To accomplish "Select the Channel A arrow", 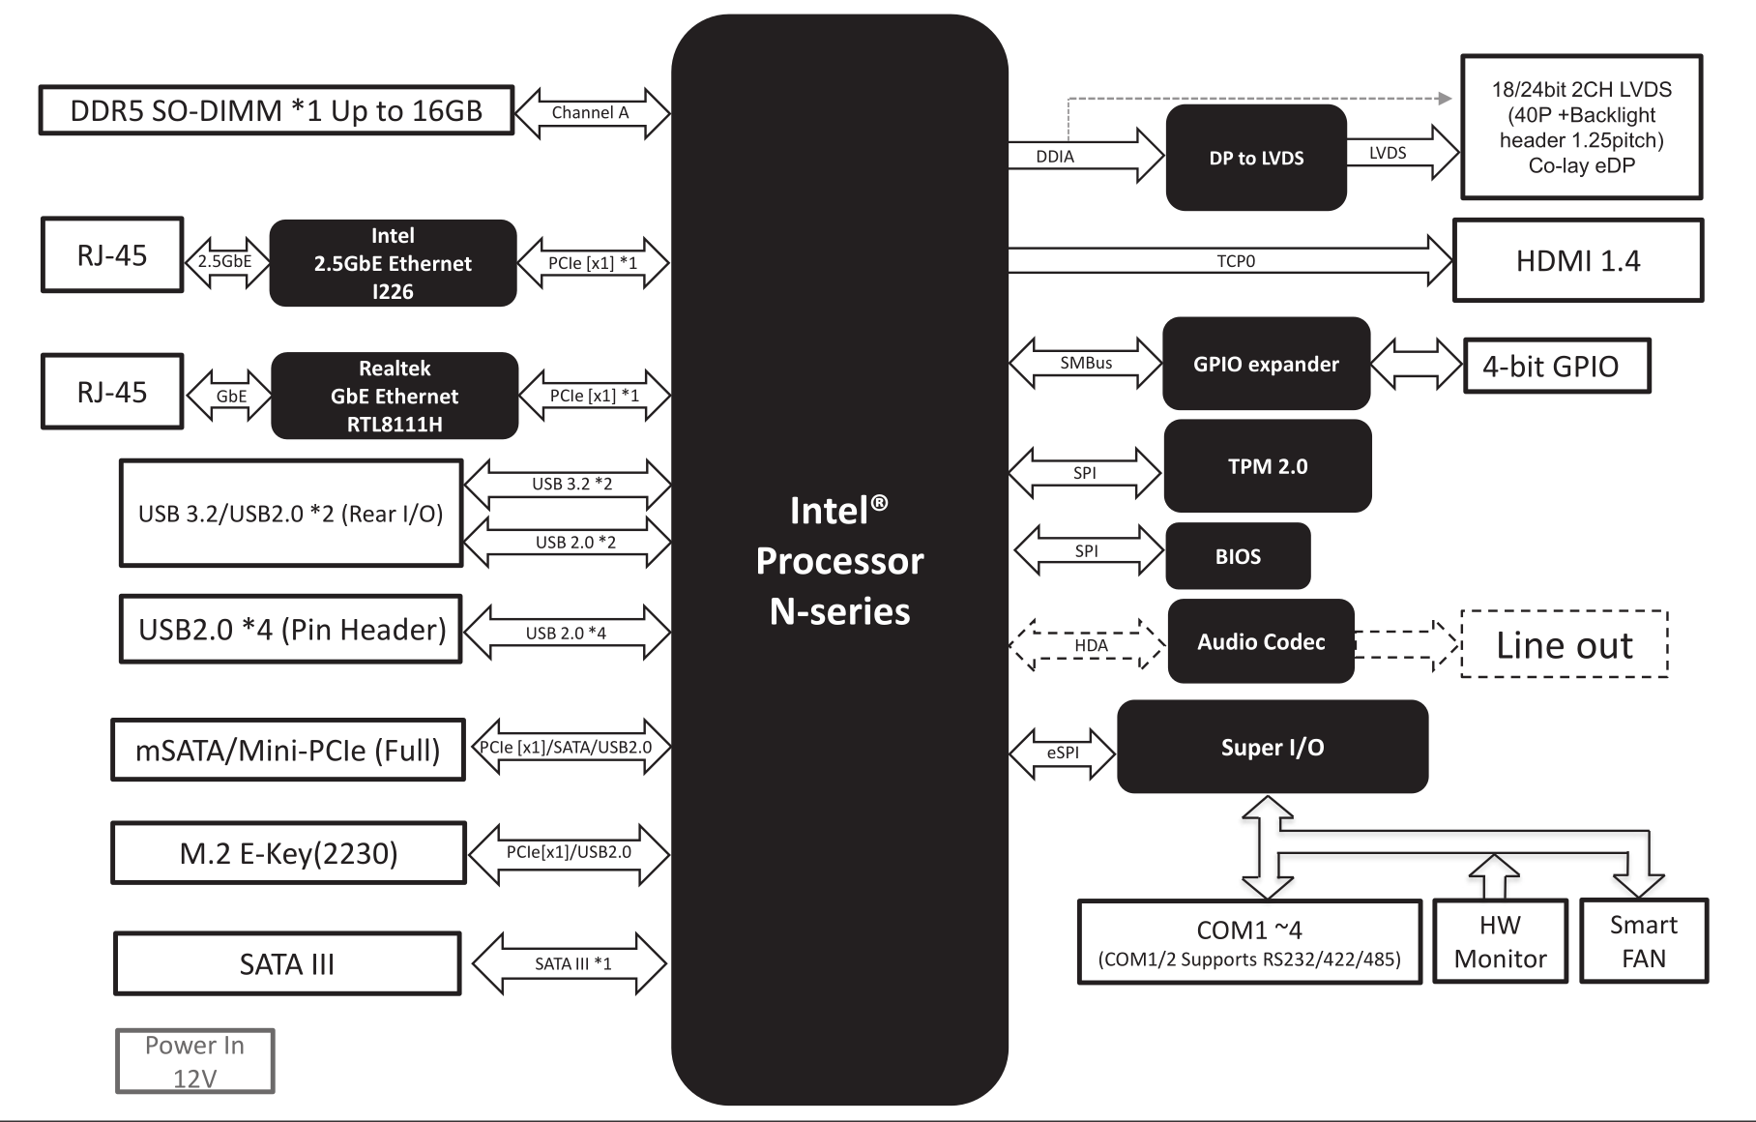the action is point(592,112).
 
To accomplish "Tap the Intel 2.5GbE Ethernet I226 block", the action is point(393,263).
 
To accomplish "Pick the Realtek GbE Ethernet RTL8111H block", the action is point(395,396).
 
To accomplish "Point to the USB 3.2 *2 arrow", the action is point(569,484).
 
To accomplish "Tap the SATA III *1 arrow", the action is point(571,963).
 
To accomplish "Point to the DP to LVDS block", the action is point(1256,158).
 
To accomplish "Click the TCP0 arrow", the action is point(1230,261).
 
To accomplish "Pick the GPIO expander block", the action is point(1267,364).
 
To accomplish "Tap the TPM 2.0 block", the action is point(1268,466).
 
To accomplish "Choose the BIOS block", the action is point(1238,556).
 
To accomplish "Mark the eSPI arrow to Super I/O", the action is point(1063,753).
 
